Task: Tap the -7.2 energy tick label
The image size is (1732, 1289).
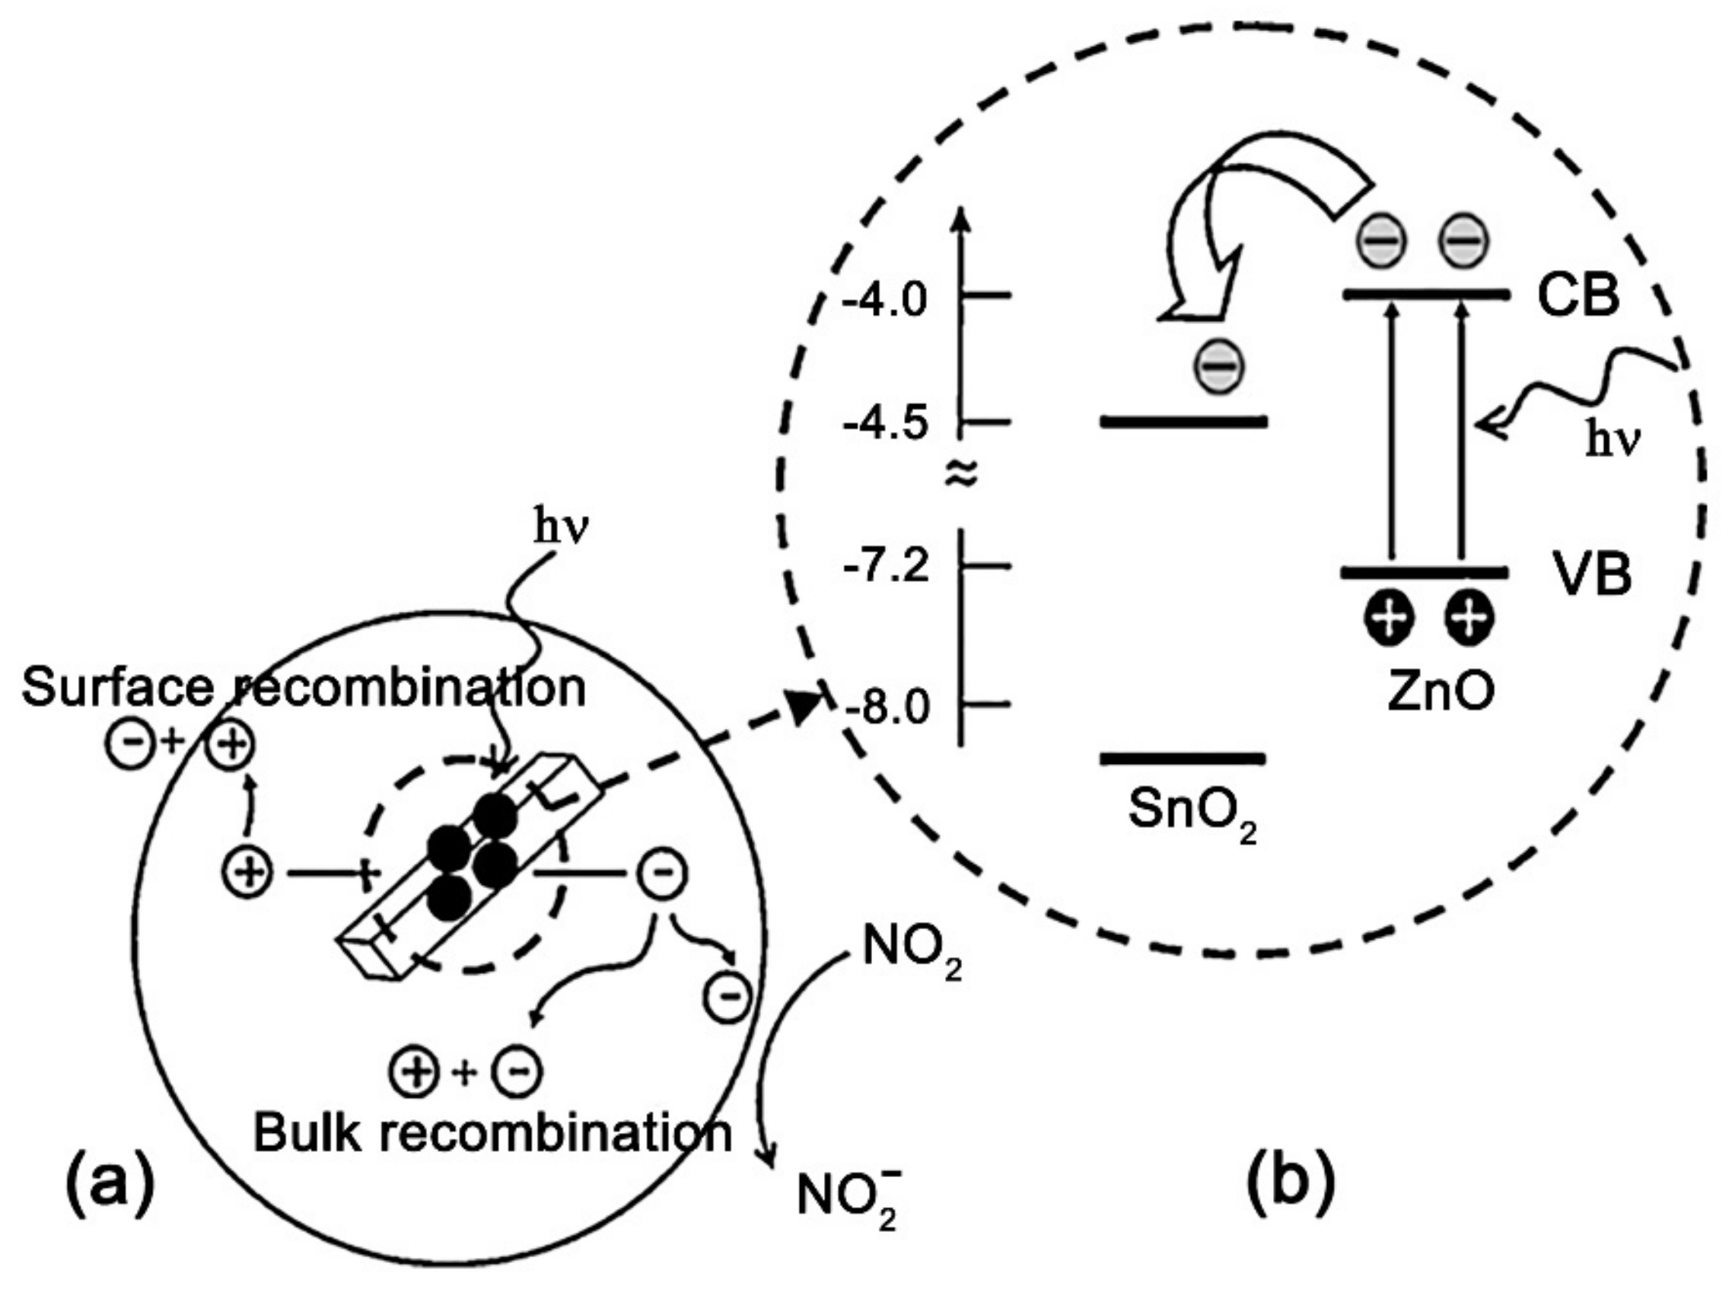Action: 887,565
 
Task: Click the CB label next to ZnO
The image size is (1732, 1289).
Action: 1578,297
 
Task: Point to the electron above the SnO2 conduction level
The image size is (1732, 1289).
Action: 1218,365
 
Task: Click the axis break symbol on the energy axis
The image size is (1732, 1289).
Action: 960,473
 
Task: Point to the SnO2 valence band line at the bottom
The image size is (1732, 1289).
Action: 1182,758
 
